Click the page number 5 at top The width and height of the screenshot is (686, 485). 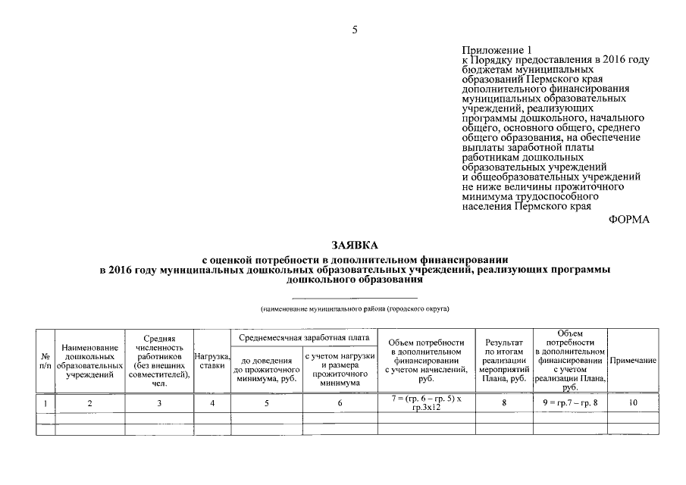pyautogui.click(x=354, y=30)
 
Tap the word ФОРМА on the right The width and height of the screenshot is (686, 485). pyautogui.click(x=629, y=220)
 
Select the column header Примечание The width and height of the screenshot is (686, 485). pyautogui.click(x=633, y=361)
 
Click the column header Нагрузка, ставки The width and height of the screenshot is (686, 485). pyautogui.click(x=212, y=361)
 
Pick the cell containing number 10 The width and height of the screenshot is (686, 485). pyautogui.click(x=633, y=402)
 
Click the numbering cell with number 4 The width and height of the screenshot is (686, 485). pyautogui.click(x=213, y=402)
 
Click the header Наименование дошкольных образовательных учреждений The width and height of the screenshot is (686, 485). pyautogui.click(x=89, y=361)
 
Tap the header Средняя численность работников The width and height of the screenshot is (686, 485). pyautogui.click(x=159, y=361)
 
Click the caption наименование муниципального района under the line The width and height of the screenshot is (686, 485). pyautogui.click(x=354, y=309)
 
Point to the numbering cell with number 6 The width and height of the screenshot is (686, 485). pyautogui.click(x=340, y=402)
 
